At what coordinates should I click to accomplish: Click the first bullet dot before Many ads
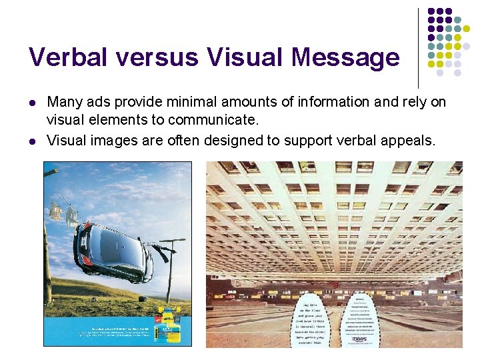(x=32, y=103)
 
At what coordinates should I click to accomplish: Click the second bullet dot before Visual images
(x=32, y=141)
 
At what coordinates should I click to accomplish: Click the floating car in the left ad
(x=113, y=250)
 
